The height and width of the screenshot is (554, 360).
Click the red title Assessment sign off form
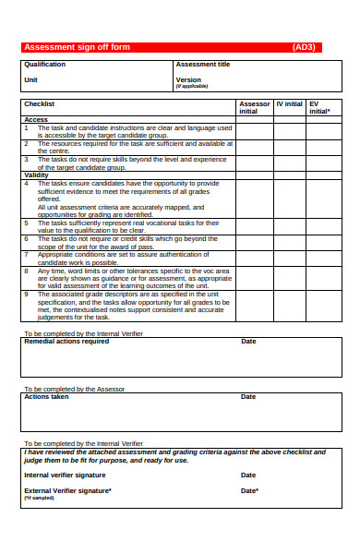(77, 47)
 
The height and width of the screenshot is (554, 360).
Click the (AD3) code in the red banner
(304, 47)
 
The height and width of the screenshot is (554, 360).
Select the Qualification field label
(44, 65)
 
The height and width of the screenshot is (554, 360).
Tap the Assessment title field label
(203, 65)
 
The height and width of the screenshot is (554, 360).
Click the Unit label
(30, 80)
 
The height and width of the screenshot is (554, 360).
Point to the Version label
(188, 80)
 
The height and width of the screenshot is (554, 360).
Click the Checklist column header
(40, 104)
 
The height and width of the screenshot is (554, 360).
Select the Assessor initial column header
(255, 107)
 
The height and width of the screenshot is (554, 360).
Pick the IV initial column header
(289, 104)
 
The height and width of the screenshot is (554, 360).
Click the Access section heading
(36, 120)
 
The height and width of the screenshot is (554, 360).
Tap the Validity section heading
(37, 175)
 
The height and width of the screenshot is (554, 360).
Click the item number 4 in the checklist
(27, 183)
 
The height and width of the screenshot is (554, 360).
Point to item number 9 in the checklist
(27, 295)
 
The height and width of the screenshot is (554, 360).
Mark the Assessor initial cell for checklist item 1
(254, 131)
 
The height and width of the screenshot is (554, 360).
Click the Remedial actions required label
(66, 342)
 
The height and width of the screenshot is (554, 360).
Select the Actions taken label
(46, 397)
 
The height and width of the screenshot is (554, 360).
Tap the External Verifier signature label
(67, 490)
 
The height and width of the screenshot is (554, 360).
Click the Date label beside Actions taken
(248, 397)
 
